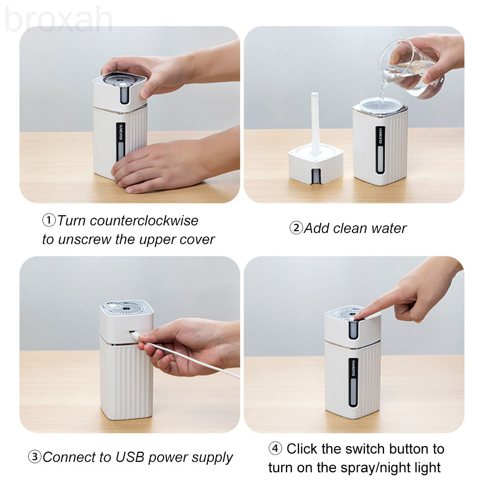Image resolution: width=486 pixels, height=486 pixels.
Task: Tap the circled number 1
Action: tap(49, 221)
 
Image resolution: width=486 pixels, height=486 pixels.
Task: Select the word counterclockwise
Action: tap(144, 221)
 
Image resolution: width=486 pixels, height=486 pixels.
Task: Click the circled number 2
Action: tap(296, 228)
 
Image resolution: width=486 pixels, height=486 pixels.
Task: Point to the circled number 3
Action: tap(34, 456)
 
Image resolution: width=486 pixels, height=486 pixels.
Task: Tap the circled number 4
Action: tap(275, 448)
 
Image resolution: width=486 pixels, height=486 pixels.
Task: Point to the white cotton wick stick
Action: tap(315, 124)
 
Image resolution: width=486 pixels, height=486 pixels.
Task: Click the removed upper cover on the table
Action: tap(316, 164)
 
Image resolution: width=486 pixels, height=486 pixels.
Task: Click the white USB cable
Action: tap(186, 356)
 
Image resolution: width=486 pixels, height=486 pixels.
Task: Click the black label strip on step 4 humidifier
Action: tap(353, 383)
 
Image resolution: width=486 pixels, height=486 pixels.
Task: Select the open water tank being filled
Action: tap(380, 142)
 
